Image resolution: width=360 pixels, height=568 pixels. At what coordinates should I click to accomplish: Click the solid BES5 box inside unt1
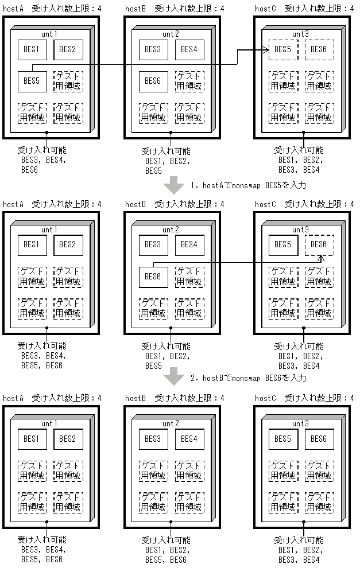[32, 81]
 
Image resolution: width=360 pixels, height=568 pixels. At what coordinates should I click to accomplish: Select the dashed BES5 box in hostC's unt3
[282, 50]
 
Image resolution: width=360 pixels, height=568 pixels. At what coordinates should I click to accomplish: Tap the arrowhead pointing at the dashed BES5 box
[266, 51]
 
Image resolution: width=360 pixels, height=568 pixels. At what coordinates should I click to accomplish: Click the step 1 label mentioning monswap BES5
[249, 185]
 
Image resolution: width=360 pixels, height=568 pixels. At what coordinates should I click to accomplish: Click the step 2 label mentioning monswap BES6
[249, 378]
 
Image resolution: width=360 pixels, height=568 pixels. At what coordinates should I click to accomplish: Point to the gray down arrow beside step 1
[173, 185]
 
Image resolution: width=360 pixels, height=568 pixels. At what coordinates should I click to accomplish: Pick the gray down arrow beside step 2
[173, 378]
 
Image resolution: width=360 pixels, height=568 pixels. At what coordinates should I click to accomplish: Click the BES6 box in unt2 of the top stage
[153, 81]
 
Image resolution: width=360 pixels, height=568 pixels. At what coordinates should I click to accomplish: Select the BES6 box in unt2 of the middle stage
[153, 276]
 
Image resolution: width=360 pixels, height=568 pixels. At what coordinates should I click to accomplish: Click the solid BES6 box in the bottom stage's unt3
[319, 439]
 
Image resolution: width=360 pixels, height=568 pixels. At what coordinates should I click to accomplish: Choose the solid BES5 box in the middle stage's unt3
[282, 244]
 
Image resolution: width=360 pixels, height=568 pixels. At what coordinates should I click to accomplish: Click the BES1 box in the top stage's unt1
[32, 49]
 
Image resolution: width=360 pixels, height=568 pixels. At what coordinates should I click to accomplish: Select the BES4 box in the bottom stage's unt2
[189, 439]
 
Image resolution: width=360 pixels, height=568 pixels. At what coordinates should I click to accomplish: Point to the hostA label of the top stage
[13, 9]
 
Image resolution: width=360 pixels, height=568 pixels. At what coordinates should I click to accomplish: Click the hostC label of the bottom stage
[265, 398]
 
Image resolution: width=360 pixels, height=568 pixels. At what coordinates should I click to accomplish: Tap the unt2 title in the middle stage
[171, 229]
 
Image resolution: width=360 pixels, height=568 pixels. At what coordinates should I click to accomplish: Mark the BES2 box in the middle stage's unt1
[68, 244]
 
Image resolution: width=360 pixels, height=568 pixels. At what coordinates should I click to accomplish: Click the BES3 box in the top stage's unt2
[153, 49]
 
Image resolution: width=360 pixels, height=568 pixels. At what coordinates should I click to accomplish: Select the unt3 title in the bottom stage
[300, 423]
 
